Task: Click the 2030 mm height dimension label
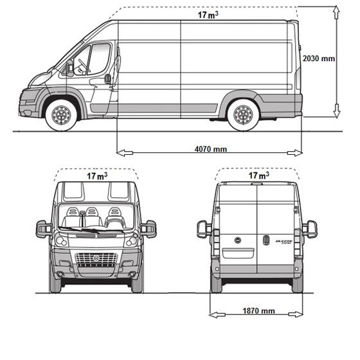click(x=319, y=59)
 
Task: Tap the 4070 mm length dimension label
click(x=211, y=149)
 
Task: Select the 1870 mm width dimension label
click(x=258, y=311)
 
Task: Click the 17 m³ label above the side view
click(x=208, y=15)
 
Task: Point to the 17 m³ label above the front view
click(x=97, y=176)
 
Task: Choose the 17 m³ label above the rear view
click(x=258, y=175)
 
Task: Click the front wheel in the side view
click(x=61, y=115)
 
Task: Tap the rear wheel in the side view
click(x=243, y=115)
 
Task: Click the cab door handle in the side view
click(x=108, y=79)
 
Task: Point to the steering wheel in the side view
click(x=84, y=66)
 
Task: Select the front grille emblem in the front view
click(x=96, y=258)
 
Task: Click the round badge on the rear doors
click(x=238, y=240)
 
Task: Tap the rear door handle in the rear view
click(x=266, y=240)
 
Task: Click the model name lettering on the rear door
click(x=283, y=242)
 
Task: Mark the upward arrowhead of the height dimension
click(x=336, y=12)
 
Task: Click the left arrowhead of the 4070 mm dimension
click(x=125, y=153)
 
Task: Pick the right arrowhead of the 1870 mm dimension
click(x=296, y=314)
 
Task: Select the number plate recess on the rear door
click(x=238, y=253)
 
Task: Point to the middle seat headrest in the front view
click(x=92, y=212)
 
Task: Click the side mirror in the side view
click(x=69, y=67)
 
